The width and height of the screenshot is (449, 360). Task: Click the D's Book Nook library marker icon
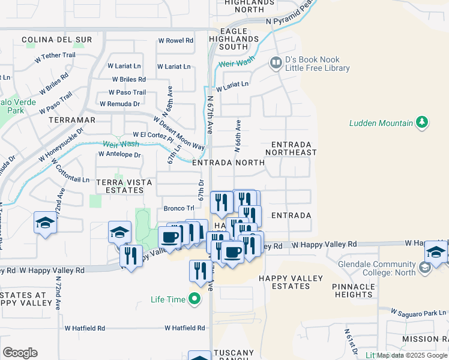point(276,62)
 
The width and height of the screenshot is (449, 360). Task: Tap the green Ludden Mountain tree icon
point(423,123)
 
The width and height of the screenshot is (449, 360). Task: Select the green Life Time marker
point(194,298)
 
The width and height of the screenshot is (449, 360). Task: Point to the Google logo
point(20,352)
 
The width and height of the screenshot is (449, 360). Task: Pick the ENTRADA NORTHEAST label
point(294,149)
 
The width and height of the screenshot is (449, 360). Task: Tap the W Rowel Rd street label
point(175,40)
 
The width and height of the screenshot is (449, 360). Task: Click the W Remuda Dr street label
point(119,104)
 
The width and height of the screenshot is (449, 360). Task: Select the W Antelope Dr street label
point(119,155)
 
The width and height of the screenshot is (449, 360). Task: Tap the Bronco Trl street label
point(179,209)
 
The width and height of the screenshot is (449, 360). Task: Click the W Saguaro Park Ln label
point(418,312)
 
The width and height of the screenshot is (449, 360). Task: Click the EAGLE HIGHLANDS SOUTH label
point(234,39)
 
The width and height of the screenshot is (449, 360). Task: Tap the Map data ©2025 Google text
point(411,355)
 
